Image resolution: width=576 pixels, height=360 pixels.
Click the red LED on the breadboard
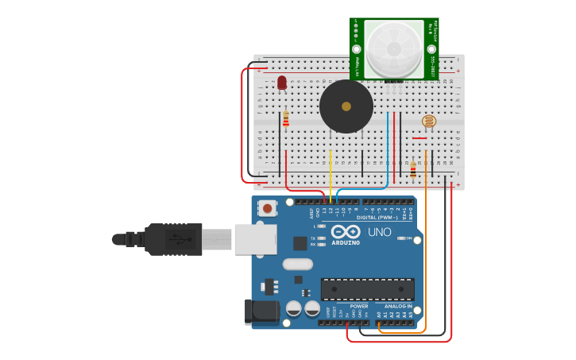tap(282, 82)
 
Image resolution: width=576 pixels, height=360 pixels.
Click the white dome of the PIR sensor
tap(394, 48)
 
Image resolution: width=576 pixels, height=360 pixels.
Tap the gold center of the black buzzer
tap(346, 106)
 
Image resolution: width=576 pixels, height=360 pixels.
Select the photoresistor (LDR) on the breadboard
tap(429, 121)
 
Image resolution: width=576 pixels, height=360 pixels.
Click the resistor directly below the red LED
tap(286, 119)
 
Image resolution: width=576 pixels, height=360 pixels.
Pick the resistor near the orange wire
tap(413, 169)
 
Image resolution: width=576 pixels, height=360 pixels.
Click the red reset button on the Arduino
tap(268, 208)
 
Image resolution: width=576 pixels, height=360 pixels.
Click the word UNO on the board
tap(379, 232)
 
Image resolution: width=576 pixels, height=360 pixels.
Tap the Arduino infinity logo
tap(346, 231)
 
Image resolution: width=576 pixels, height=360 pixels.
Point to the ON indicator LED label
tap(410, 238)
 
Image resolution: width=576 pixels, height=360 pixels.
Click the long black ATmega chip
tap(367, 289)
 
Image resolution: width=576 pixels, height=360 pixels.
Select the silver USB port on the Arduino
tap(256, 239)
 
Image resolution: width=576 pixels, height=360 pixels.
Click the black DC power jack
tap(262, 312)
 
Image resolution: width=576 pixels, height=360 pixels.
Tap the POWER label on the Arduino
tap(359, 306)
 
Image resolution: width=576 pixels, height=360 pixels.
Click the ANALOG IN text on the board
tap(399, 306)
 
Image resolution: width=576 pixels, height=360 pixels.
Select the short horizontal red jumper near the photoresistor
tap(419, 138)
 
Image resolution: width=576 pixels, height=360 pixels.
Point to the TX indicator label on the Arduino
tap(313, 238)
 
